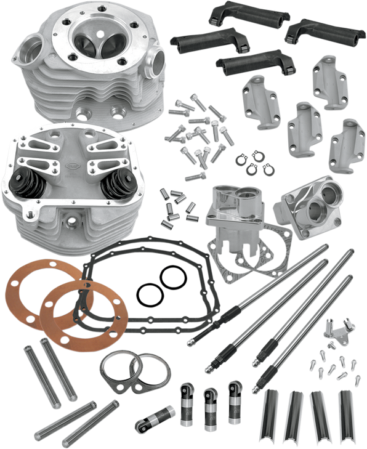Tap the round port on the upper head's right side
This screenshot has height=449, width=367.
[155, 61]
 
